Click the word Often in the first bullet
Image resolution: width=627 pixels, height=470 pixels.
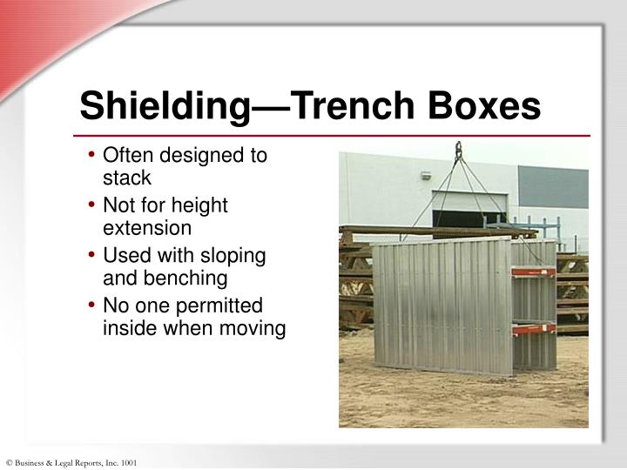[x=128, y=157]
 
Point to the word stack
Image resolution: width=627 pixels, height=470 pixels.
[x=127, y=178]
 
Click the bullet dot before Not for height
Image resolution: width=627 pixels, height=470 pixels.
[x=92, y=207]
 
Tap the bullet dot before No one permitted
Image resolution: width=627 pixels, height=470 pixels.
[x=92, y=307]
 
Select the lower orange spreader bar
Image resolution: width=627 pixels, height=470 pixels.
[x=534, y=329]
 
